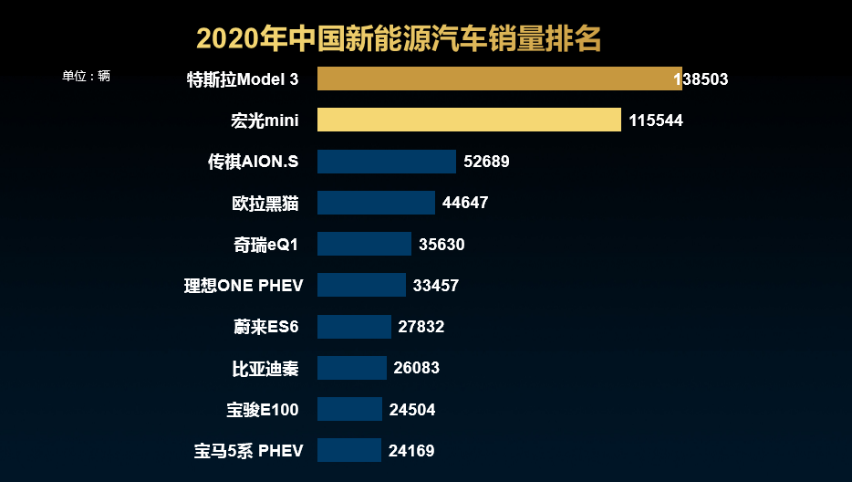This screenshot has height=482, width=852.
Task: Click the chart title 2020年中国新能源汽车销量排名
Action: [399, 39]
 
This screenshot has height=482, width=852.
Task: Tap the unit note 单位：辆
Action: [86, 77]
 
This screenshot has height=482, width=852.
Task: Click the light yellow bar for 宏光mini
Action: [469, 120]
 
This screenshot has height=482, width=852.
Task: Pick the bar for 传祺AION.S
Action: [386, 162]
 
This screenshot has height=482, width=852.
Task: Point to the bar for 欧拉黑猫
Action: [376, 203]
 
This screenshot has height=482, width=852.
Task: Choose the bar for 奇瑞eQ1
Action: [364, 244]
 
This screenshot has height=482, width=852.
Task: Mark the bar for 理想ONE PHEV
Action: [361, 285]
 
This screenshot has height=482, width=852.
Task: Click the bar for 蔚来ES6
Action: [354, 327]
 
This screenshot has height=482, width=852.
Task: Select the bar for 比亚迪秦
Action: [351, 368]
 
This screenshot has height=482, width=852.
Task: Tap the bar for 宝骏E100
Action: [349, 409]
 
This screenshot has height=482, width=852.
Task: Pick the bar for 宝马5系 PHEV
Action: [348, 450]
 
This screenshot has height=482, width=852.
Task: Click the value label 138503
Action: [701, 79]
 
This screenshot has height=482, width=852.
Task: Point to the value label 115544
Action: [656, 120]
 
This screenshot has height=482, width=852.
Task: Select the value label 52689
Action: [486, 162]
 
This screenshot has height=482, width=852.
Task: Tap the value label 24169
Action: [411, 450]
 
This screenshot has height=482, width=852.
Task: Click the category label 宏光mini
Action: [265, 120]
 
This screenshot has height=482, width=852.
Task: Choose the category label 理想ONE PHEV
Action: [244, 286]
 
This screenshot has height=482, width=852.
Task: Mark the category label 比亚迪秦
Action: [265, 368]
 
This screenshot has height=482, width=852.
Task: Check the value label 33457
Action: [436, 286]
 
